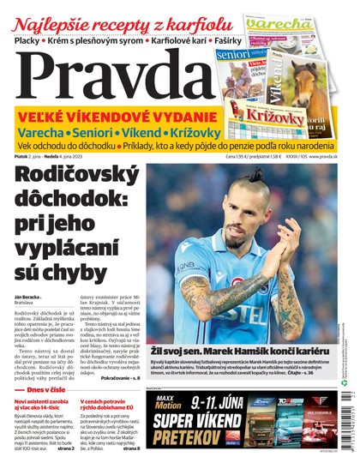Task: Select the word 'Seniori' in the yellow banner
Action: pyautogui.click(x=109, y=134)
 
